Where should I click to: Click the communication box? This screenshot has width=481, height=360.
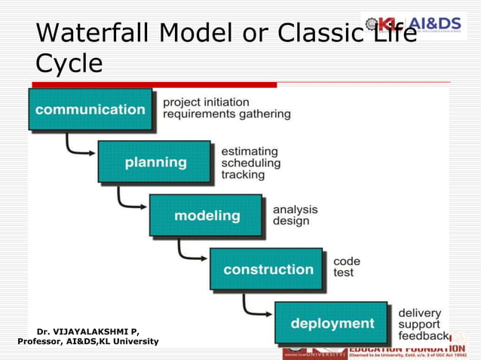(90, 109)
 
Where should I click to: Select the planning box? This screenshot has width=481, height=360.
(155, 162)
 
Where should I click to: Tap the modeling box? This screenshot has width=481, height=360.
(207, 215)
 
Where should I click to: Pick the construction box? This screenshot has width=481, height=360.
(268, 269)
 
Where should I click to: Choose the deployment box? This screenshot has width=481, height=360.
(332, 323)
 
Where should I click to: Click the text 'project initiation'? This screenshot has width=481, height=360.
(206, 102)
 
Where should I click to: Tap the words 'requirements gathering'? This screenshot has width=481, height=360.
(227, 114)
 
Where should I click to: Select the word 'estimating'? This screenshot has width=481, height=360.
(250, 151)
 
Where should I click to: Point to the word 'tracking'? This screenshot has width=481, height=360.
(243, 175)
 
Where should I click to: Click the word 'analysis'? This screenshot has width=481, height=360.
(295, 209)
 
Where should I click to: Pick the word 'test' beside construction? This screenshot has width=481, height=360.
(343, 273)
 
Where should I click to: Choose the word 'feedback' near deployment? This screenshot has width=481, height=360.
(423, 336)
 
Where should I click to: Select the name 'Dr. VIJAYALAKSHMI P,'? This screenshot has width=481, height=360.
(87, 331)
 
